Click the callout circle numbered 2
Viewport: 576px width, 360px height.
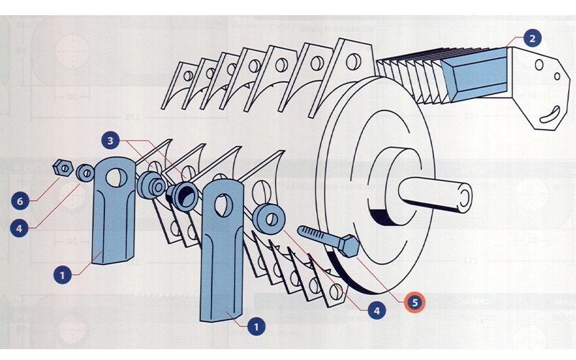pyautogui.click(x=531, y=37)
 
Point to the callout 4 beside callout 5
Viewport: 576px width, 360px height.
pyautogui.click(x=375, y=311)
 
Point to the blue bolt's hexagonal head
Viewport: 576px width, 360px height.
pyautogui.click(x=350, y=246)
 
